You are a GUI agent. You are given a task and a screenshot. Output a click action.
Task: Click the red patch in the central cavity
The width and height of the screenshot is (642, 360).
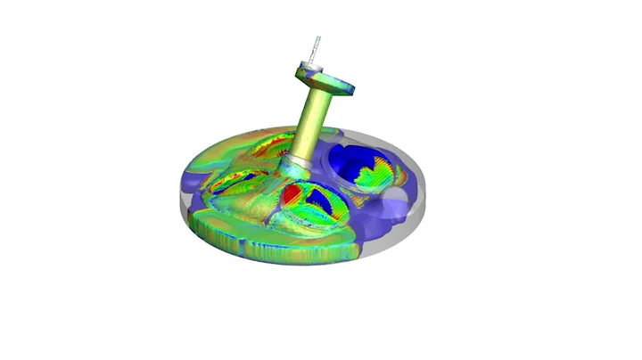point(292,193)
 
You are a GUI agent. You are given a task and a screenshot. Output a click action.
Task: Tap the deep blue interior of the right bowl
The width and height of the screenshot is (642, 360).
point(352,160)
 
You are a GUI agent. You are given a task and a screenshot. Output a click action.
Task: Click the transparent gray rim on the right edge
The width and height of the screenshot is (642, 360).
point(425,200)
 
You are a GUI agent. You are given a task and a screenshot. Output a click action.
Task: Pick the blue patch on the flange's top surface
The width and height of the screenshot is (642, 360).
point(344,87)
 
